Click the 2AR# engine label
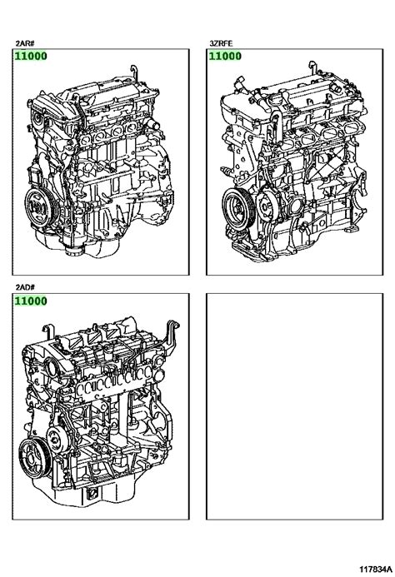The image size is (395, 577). tap(25, 43)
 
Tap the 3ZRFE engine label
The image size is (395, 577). tap(221, 43)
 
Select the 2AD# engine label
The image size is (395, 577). tap(25, 287)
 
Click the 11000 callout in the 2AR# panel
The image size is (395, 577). tap(31, 57)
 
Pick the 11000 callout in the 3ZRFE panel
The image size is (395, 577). tap(225, 57)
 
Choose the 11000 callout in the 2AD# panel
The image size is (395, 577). tap(31, 301)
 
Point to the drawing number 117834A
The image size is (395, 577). tap(376, 570)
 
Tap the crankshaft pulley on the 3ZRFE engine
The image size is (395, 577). tap(237, 209)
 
